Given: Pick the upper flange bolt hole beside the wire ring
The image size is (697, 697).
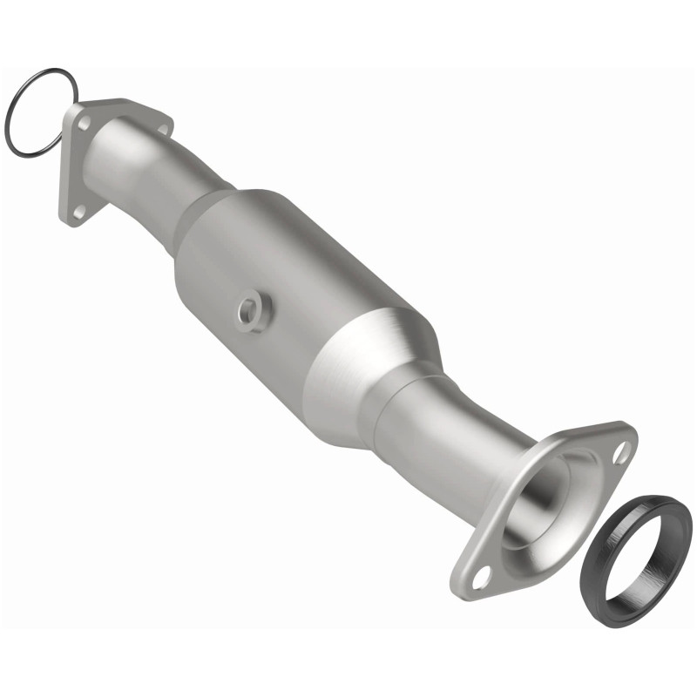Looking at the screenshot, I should click(x=84, y=124).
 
